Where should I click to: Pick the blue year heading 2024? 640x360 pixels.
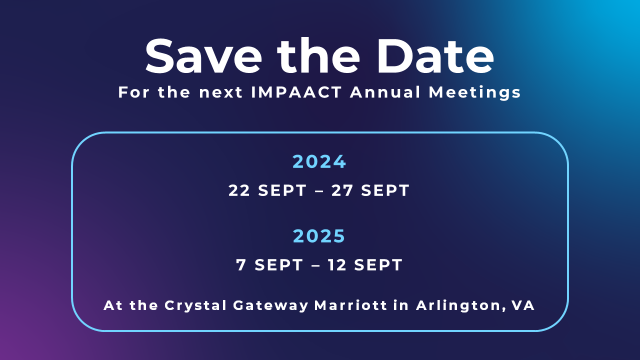pyautogui.click(x=319, y=161)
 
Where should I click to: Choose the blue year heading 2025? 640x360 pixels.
pyautogui.click(x=319, y=235)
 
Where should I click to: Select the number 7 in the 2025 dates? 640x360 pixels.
pyautogui.click(x=241, y=265)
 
